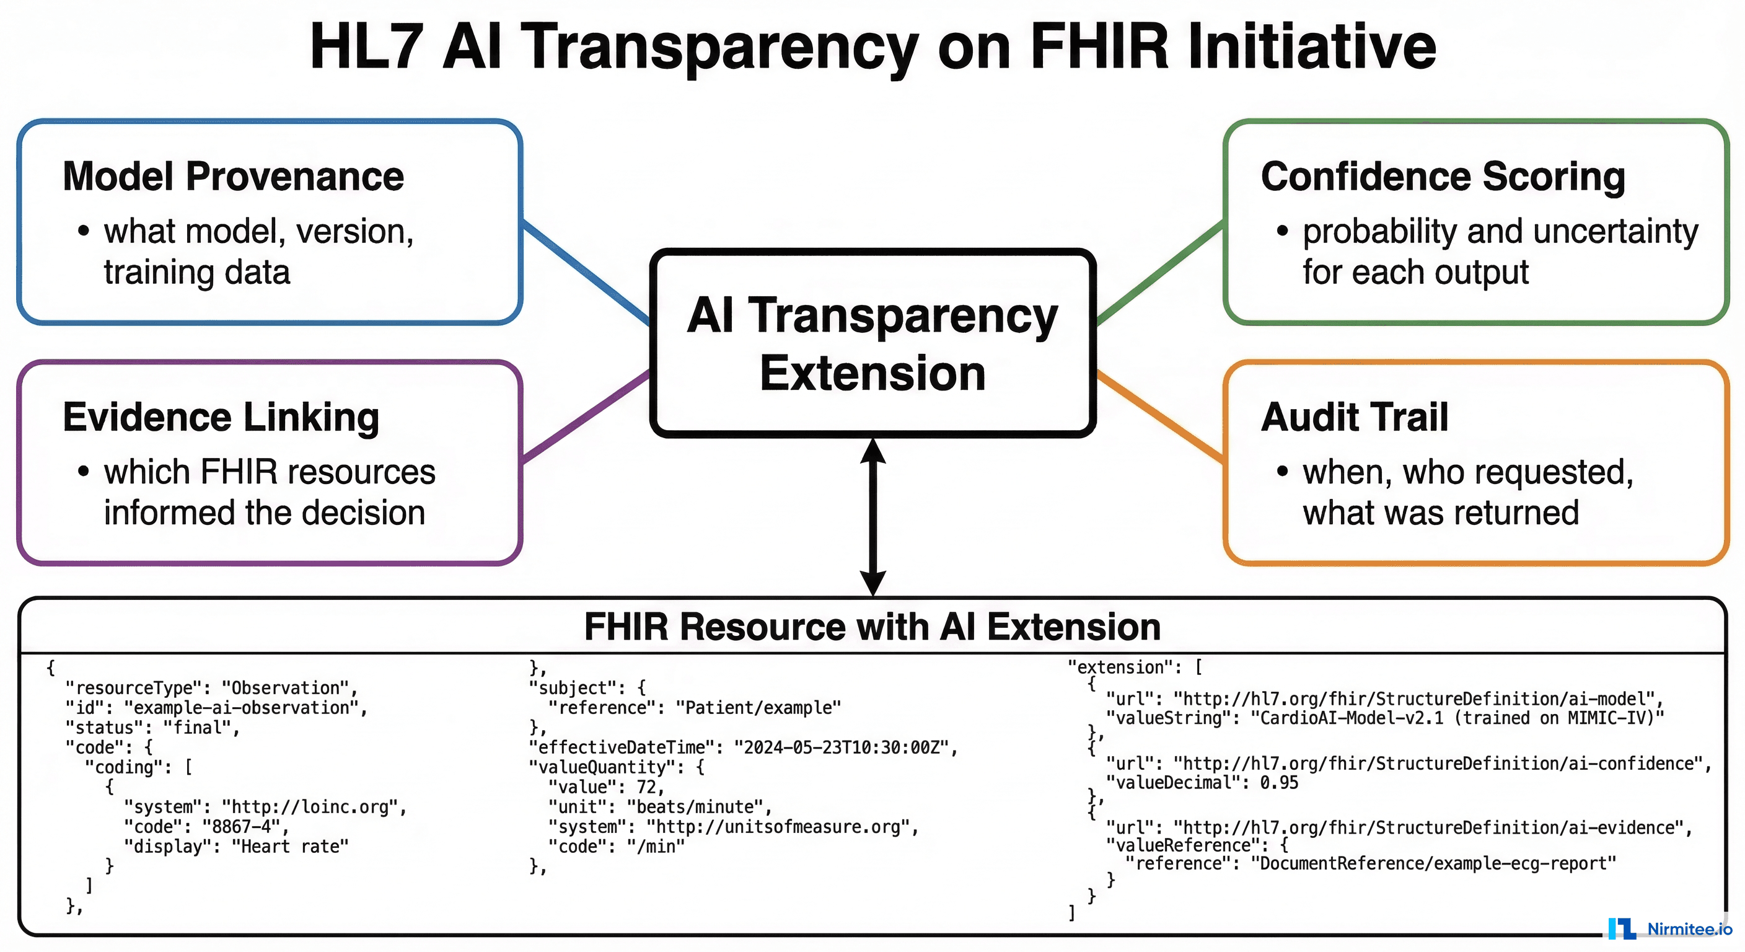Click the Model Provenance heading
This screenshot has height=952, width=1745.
pyautogui.click(x=233, y=177)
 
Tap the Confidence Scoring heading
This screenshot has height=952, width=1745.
pyautogui.click(x=1442, y=177)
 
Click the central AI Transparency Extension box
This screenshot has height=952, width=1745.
pyautogui.click(x=872, y=343)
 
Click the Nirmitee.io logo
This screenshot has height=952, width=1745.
pyautogui.click(x=1671, y=928)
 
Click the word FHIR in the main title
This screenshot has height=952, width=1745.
pyautogui.click(x=1098, y=48)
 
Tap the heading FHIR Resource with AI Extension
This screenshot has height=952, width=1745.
pyautogui.click(x=872, y=627)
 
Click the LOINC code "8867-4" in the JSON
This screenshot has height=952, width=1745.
pyautogui.click(x=241, y=827)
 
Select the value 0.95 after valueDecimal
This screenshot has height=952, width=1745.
pyautogui.click(x=1279, y=783)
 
